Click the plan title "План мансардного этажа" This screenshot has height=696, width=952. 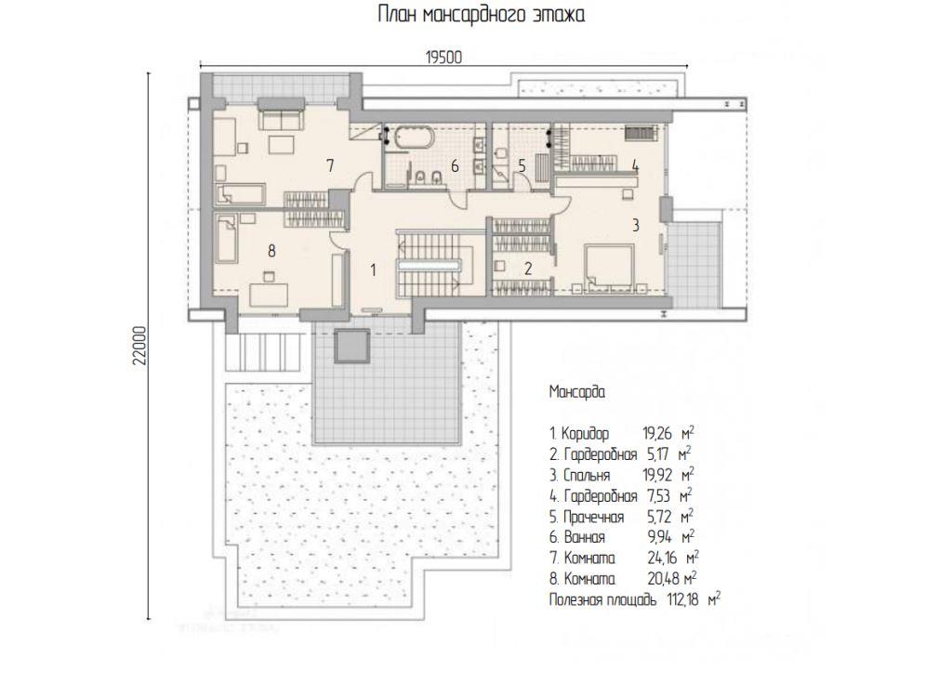pos(482,14)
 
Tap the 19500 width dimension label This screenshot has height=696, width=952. pos(443,58)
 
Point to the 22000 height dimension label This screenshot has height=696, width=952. pos(140,346)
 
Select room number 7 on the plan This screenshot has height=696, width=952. pos(330,165)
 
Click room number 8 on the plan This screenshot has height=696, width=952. pos(271,251)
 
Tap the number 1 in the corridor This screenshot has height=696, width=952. pos(374,270)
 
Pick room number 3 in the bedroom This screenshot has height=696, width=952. pos(635,225)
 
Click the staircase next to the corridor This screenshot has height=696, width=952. pos(436,263)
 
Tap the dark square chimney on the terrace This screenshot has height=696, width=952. pos(352,346)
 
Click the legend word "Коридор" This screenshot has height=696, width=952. pos(585,435)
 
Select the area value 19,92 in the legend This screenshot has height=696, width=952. pos(657,475)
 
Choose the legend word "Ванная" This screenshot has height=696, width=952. pos(585,538)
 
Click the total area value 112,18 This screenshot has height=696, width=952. pos(682,600)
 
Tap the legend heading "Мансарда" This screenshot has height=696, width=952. pos(576,392)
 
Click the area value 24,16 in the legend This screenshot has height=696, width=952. pos(662,558)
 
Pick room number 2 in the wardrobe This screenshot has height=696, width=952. pos(528,269)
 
